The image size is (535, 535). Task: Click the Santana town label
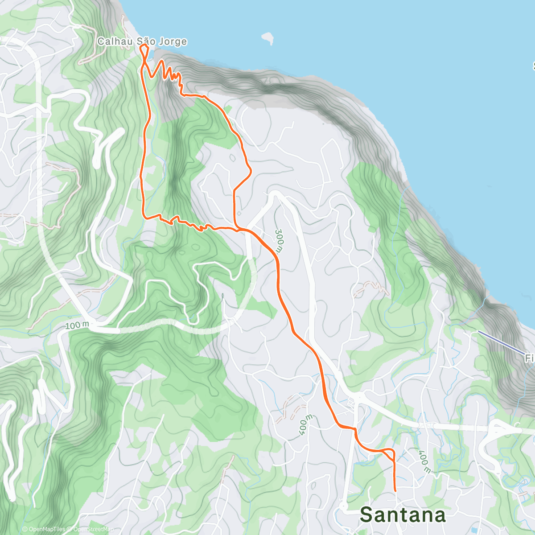[x=403, y=515]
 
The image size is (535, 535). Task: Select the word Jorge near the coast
[x=172, y=42]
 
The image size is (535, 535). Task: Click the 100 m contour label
[x=76, y=325]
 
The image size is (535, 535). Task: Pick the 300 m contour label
[x=279, y=241]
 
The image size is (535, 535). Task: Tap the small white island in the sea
[x=267, y=38]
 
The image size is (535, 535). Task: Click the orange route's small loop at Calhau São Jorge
[x=144, y=49]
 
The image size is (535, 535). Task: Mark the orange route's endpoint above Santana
[x=395, y=491]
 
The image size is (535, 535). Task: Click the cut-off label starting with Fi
[x=529, y=358]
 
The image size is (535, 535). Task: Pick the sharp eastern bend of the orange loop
[x=251, y=170]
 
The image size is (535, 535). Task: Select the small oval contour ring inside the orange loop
[x=232, y=157]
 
